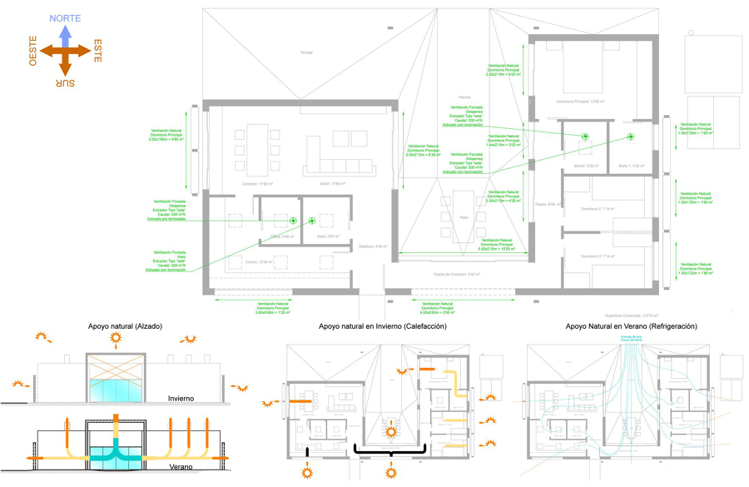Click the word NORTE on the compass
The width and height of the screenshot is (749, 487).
[x=65, y=17]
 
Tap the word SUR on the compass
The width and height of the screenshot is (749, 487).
[x=66, y=82]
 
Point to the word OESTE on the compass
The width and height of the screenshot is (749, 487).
[x=33, y=51]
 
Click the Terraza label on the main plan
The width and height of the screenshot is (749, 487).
[x=306, y=52]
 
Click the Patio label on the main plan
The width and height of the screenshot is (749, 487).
[x=464, y=216]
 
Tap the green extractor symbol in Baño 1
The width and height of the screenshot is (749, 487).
[x=630, y=137]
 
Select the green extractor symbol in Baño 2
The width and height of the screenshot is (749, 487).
[x=585, y=137]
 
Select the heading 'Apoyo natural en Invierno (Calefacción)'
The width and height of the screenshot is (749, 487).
[x=382, y=326]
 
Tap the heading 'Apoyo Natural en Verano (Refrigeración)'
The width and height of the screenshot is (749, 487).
[x=631, y=326]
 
